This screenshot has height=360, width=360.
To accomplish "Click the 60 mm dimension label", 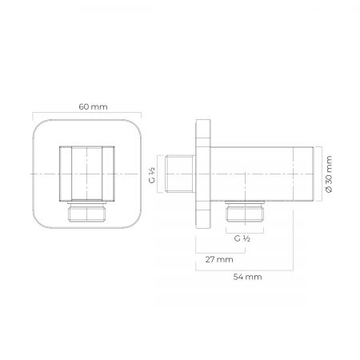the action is click(x=93, y=107).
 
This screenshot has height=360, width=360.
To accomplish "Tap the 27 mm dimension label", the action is click(x=219, y=259).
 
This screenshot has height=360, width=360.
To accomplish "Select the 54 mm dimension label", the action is click(x=247, y=277).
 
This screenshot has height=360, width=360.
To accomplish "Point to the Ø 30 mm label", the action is click(x=329, y=174).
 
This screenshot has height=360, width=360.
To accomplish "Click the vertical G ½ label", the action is click(x=152, y=175).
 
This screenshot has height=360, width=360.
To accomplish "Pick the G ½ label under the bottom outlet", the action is click(x=242, y=238).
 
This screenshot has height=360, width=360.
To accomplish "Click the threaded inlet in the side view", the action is click(x=180, y=174).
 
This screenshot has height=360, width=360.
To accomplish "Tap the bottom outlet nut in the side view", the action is click(x=245, y=212).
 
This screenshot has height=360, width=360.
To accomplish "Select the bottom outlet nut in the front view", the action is click(x=87, y=211).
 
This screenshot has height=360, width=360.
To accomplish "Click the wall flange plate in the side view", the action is click(x=203, y=174).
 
